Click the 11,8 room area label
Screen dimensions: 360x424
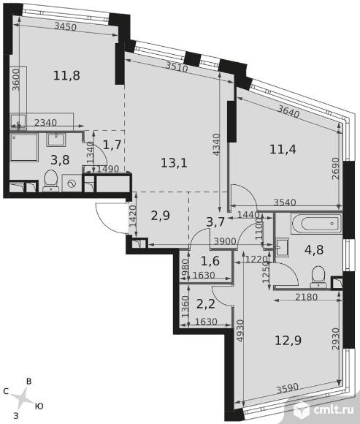(66, 75)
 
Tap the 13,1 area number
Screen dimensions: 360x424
(174, 163)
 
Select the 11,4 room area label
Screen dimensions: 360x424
(283, 149)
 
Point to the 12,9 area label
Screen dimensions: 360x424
(288, 340)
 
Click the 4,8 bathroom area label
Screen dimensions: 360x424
(314, 250)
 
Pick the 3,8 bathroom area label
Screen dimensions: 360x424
(60, 160)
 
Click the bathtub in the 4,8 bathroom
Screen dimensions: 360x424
(316, 224)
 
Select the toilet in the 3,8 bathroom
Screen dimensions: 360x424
(51, 181)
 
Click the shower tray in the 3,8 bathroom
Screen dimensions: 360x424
(24, 148)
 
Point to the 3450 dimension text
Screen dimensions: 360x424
(66, 26)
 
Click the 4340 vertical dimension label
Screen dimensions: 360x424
(217, 145)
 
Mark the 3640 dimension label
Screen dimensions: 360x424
(288, 112)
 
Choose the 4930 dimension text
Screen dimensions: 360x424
(240, 331)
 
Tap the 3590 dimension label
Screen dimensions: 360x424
(288, 388)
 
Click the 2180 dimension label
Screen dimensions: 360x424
(306, 298)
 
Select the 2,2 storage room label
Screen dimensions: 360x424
(206, 304)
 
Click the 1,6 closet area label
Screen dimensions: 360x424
(210, 261)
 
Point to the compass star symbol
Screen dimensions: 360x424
(23, 398)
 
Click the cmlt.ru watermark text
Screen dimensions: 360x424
(334, 409)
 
